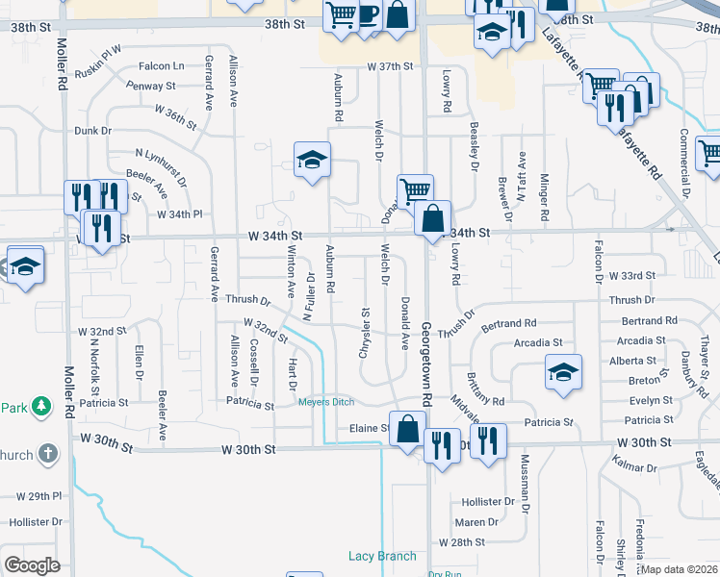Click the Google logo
pyautogui.click(x=32, y=565)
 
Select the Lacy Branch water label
pyautogui.click(x=382, y=556)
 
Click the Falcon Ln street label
pyautogui.click(x=161, y=66)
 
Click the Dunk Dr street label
pyautogui.click(x=93, y=130)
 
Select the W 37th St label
pyautogui.click(x=389, y=66)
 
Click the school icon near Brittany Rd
pyautogui.click(x=563, y=373)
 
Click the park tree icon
pyautogui.click(x=40, y=407)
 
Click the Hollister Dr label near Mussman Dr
pyautogui.click(x=488, y=502)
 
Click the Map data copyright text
pyautogui.click(x=680, y=569)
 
